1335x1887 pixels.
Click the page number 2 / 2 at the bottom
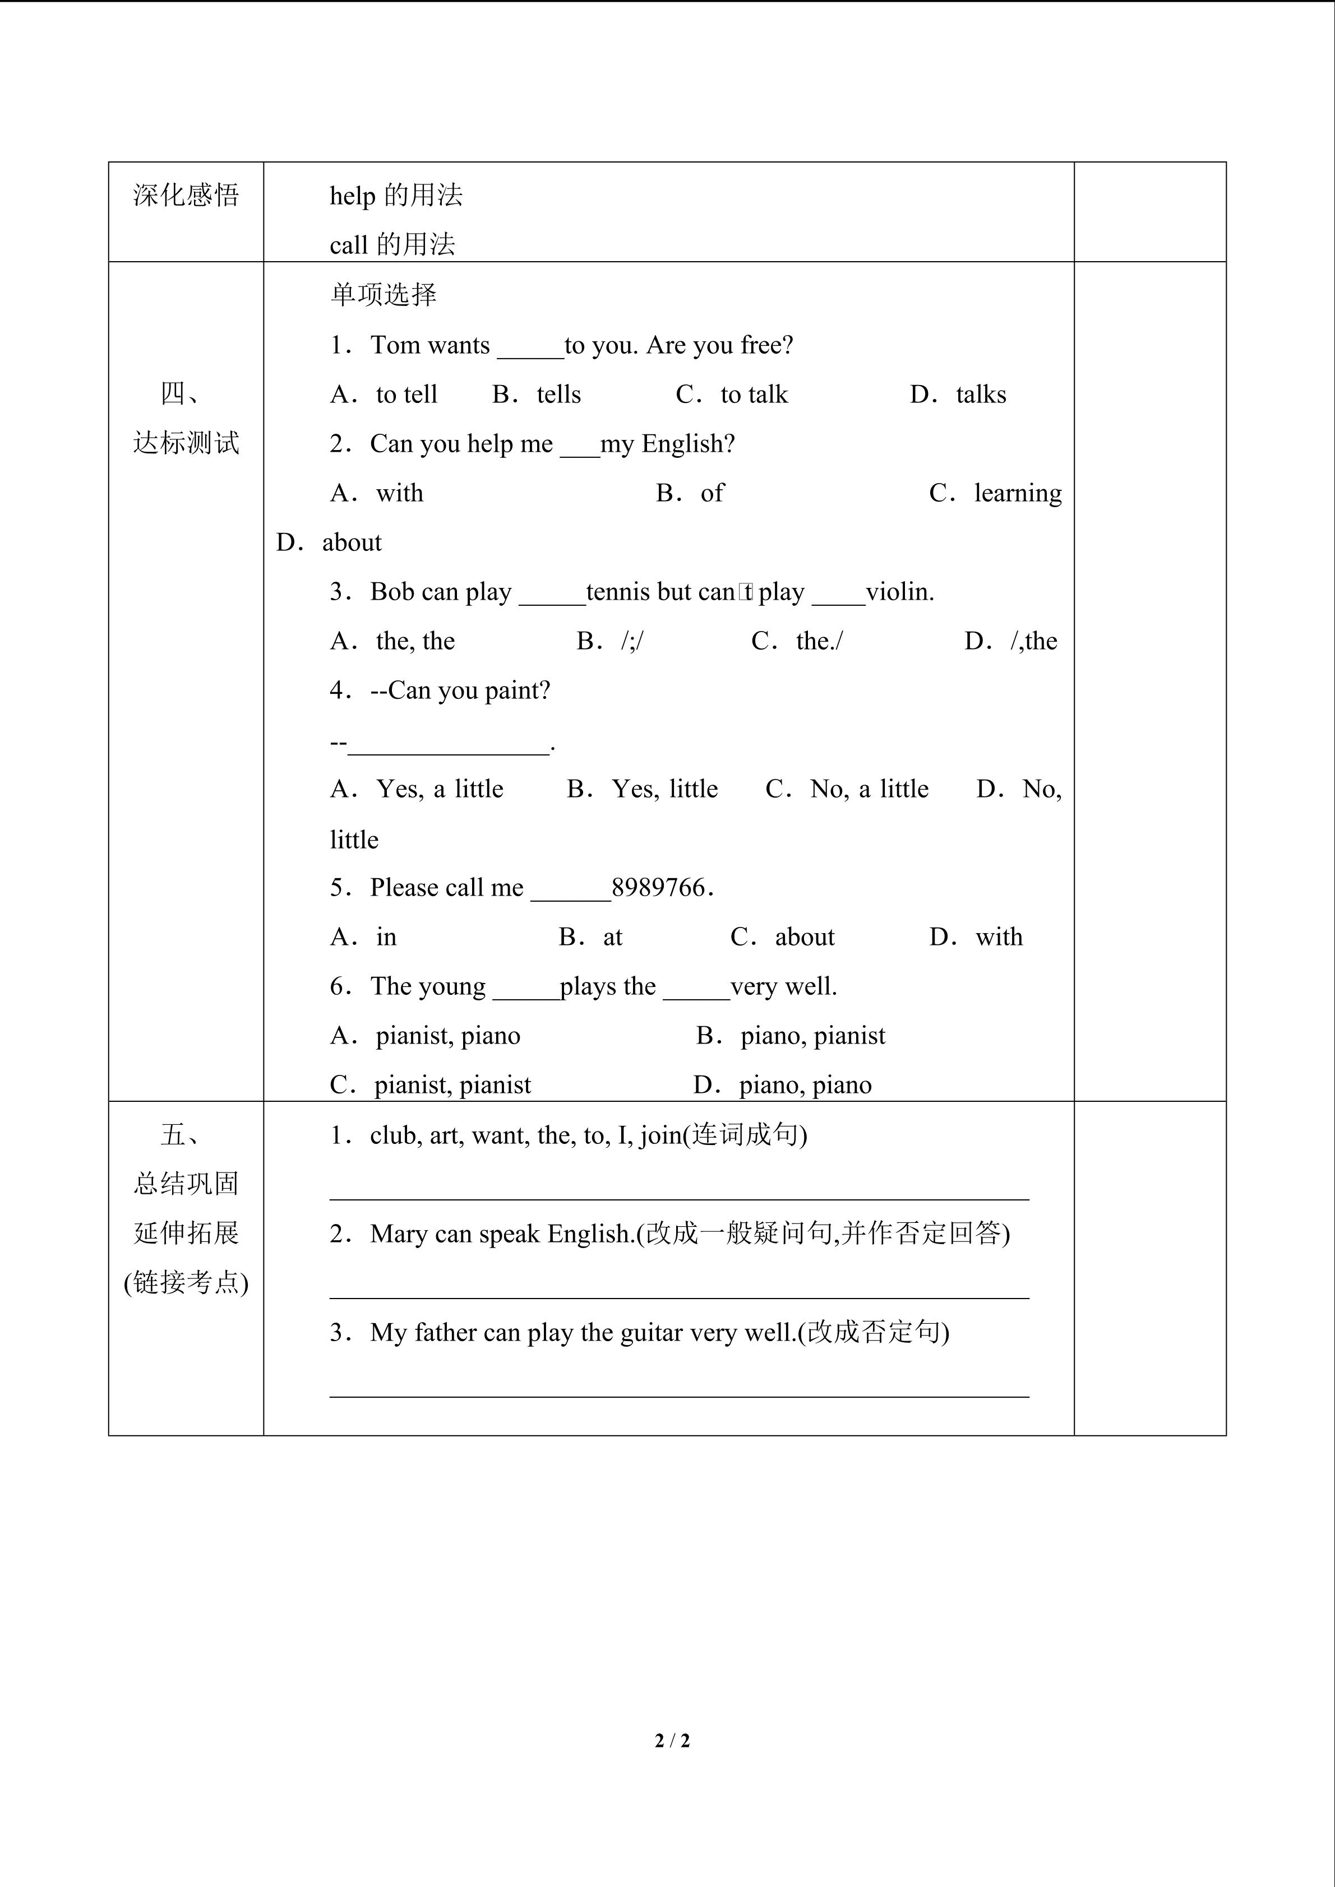pos(672,1740)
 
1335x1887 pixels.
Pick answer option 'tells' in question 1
pos(558,395)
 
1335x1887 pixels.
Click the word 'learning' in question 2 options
pos(1018,493)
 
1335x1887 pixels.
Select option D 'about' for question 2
pos(351,543)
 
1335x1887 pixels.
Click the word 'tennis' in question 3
pos(617,592)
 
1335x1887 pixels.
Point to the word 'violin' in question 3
pos(898,592)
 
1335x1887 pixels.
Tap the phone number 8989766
pos(658,888)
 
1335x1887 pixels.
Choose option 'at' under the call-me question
pos(612,937)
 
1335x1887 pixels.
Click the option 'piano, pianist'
pos(812,1036)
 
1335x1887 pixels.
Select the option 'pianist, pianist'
pos(452,1085)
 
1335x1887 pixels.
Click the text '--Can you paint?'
pos(460,690)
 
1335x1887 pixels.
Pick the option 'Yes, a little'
pos(440,789)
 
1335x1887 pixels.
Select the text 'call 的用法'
pos(392,245)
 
